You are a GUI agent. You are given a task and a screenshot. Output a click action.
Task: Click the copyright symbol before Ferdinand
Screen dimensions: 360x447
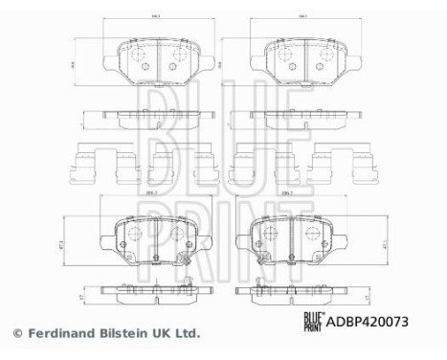[16, 334]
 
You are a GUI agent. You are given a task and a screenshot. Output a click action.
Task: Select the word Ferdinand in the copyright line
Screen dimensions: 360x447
[59, 334]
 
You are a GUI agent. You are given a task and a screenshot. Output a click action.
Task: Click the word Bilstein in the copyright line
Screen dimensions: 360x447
[123, 334]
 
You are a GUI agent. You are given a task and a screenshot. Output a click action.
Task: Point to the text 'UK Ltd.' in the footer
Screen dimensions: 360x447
[177, 334]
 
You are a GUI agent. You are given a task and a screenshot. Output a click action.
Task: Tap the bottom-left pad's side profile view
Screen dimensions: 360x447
[152, 291]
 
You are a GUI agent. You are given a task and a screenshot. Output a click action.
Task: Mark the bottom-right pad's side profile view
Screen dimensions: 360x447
[286, 291]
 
